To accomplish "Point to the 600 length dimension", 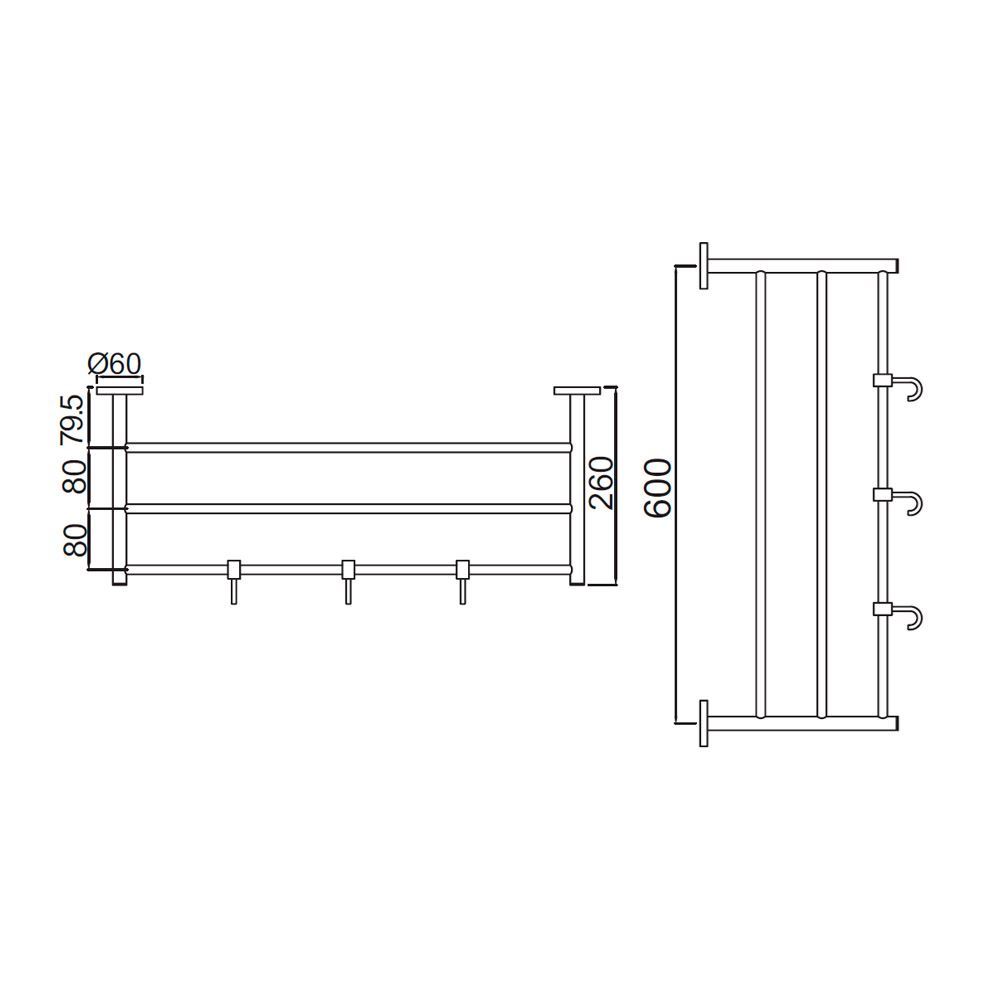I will click(x=657, y=489).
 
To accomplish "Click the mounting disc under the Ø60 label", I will click(x=120, y=390).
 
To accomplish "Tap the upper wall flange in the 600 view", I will click(x=705, y=265).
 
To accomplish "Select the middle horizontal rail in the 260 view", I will click(x=348, y=508).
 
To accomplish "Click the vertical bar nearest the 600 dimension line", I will click(x=761, y=493).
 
